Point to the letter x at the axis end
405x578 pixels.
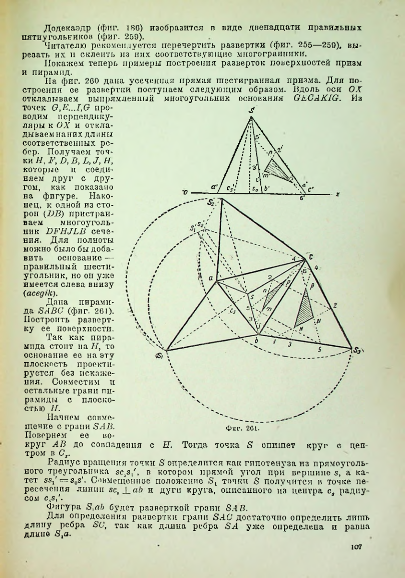(x=338, y=193)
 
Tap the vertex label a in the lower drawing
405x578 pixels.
(x=211, y=277)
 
